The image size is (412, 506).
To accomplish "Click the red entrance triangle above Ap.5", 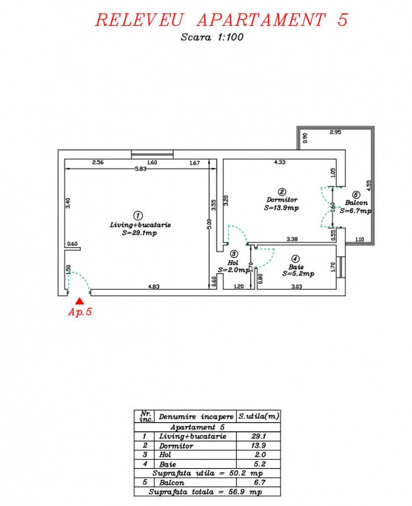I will (79, 300).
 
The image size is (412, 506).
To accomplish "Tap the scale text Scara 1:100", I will (211, 38).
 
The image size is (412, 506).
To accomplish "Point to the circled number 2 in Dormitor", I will (281, 191).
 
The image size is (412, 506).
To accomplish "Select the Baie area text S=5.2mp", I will (296, 275).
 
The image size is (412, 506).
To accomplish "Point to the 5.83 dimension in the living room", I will (141, 169).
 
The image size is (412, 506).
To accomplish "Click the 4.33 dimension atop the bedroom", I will (279, 163).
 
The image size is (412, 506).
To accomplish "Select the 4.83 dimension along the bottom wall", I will (154, 286).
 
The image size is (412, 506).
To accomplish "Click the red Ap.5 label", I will (79, 313).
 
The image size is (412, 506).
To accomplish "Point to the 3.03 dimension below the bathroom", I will (296, 286).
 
